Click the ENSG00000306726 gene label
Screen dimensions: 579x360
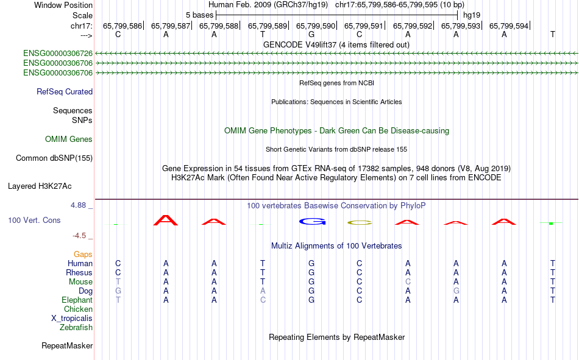point(58,54)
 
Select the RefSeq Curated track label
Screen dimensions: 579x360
point(65,91)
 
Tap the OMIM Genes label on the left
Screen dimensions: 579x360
point(69,139)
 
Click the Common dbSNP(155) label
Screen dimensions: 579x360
point(54,158)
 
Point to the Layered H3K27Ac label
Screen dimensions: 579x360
point(40,186)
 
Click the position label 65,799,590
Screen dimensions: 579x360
point(315,26)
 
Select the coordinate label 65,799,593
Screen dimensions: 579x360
point(461,26)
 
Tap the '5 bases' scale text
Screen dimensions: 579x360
point(199,15)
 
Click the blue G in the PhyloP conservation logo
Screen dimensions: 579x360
point(313,222)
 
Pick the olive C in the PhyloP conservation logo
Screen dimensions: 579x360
point(360,223)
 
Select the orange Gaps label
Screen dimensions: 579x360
point(83,254)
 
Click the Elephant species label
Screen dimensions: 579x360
point(77,300)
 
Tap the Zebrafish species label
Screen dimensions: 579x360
point(76,327)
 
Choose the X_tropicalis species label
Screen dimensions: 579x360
point(72,319)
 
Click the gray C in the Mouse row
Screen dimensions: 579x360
point(408,281)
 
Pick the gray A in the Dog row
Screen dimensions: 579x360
point(263,291)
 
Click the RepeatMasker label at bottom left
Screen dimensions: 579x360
point(67,345)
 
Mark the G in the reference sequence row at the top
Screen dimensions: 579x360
point(311,34)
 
